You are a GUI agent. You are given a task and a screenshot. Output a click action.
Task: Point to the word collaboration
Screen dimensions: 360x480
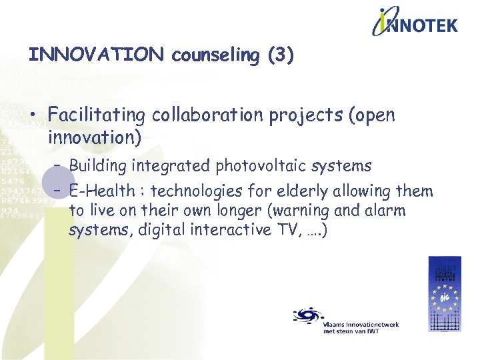(207, 115)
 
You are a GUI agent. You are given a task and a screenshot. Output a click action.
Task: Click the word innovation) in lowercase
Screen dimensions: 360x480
(95, 137)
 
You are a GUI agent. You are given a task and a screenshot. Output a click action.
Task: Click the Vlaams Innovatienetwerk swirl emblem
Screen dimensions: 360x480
(307, 315)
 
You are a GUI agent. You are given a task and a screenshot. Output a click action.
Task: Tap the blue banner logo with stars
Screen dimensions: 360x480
(444, 294)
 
